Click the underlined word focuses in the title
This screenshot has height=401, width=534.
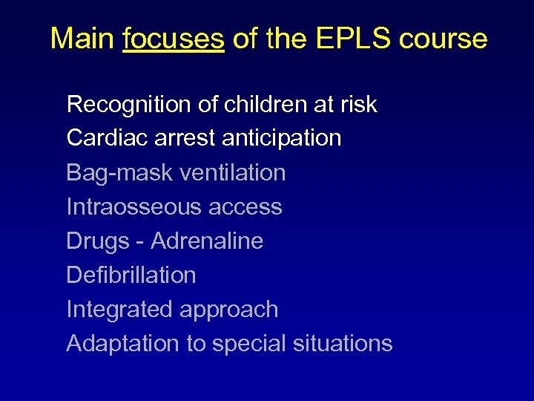(x=174, y=39)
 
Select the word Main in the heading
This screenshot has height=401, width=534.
(x=82, y=39)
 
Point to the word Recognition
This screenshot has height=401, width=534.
(x=129, y=105)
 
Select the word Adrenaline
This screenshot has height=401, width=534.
(x=207, y=241)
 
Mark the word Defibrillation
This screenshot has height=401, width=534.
(x=131, y=275)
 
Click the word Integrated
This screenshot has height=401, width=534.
(x=116, y=310)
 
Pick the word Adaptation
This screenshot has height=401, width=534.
(x=122, y=344)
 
